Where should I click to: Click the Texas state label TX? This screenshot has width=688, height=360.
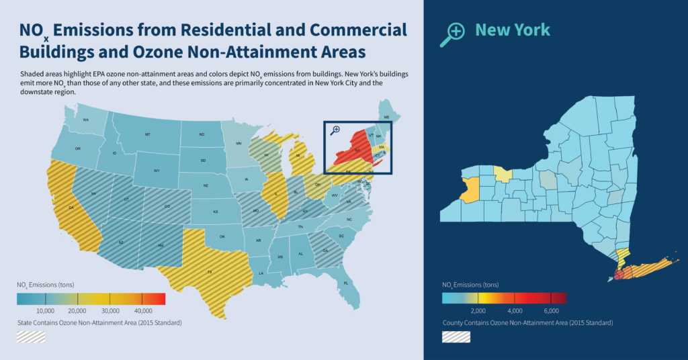click(x=210, y=272)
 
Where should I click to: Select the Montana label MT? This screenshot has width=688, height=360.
click(x=147, y=135)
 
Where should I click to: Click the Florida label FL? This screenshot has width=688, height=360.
click(x=346, y=283)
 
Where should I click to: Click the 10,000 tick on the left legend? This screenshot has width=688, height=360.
click(x=45, y=310)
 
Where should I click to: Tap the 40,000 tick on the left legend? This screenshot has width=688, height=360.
click(x=142, y=310)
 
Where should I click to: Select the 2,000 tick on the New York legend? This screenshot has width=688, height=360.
click(x=478, y=311)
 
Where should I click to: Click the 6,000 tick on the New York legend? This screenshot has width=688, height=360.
click(x=551, y=311)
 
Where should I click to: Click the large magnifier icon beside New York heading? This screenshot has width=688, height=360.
click(x=452, y=34)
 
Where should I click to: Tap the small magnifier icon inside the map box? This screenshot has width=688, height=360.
click(x=335, y=130)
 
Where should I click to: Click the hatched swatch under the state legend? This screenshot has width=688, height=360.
click(x=31, y=336)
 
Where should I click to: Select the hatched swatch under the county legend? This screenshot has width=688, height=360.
click(x=456, y=336)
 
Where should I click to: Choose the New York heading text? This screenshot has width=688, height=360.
click(x=513, y=30)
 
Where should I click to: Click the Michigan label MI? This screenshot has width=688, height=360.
click(x=296, y=156)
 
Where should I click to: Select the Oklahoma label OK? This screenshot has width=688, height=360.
click(x=222, y=236)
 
